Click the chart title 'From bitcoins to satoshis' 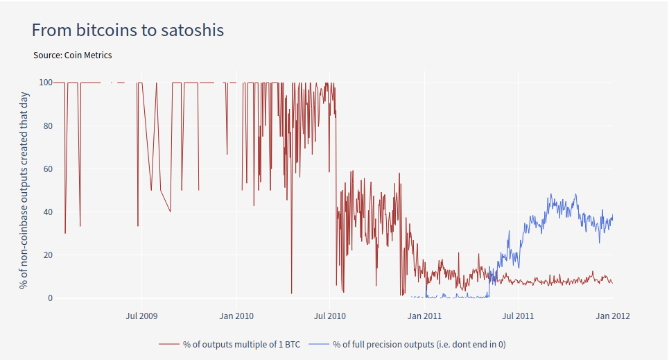pyautogui.click(x=128, y=31)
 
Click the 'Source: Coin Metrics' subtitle pyautogui.click(x=72, y=55)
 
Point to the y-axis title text pyautogui.click(x=24, y=190)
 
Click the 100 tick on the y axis pyautogui.click(x=46, y=83)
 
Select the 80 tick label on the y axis pyautogui.click(x=48, y=126)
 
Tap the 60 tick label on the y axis pyautogui.click(x=48, y=169)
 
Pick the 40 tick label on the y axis pyautogui.click(x=48, y=212)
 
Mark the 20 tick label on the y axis pyautogui.click(x=48, y=255)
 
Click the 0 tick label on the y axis pyautogui.click(x=50, y=298)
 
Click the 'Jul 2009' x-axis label pyautogui.click(x=141, y=316)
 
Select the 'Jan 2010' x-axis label pyautogui.click(x=236, y=316)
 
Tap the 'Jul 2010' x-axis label pyautogui.click(x=330, y=316)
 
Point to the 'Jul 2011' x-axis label pyautogui.click(x=519, y=316)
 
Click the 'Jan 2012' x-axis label pyautogui.click(x=613, y=316)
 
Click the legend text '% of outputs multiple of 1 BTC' pyautogui.click(x=241, y=344)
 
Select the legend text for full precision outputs pyautogui.click(x=424, y=344)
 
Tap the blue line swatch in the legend pyautogui.click(x=319, y=344)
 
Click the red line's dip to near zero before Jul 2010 pyautogui.click(x=291, y=293)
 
